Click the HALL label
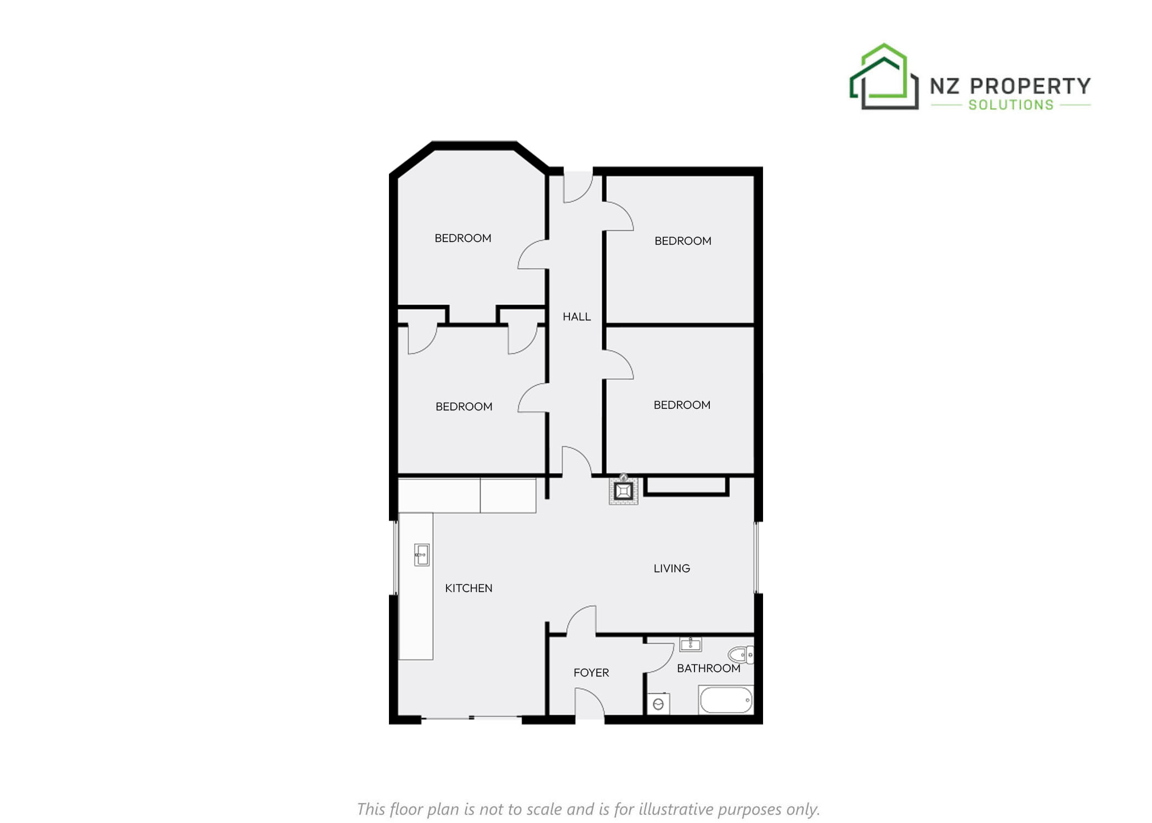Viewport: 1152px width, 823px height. (577, 317)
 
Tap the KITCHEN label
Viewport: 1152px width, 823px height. (468, 588)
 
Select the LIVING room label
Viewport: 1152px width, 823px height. (671, 568)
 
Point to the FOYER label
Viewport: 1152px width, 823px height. (591, 673)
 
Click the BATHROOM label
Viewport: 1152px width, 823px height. (708, 668)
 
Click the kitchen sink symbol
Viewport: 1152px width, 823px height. (421, 555)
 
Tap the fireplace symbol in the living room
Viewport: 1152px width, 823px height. (623, 491)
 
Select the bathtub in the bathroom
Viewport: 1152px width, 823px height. (726, 700)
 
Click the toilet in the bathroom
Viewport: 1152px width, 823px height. (741, 655)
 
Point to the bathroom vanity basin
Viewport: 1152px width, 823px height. (690, 644)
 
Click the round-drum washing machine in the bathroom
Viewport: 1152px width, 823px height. (658, 704)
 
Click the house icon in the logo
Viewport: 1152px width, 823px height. (884, 76)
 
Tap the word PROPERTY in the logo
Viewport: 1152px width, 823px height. (1030, 86)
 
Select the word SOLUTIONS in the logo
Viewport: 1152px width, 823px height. (1011, 105)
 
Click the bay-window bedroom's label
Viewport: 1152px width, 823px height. (462, 238)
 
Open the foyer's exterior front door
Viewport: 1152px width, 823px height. (590, 704)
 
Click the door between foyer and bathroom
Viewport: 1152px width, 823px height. (659, 657)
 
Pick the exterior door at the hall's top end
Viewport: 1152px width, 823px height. (578, 187)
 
